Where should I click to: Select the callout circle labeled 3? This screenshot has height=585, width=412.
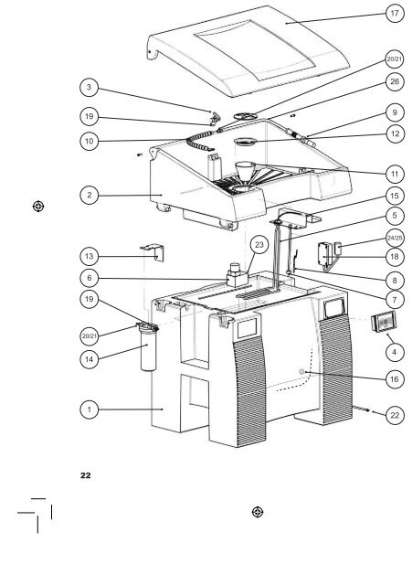(88, 88)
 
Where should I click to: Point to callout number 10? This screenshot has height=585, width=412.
(88, 143)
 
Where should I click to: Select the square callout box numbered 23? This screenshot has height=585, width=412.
(259, 245)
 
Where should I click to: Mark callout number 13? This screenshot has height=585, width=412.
(88, 258)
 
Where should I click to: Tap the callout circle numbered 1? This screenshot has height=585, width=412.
(88, 410)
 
